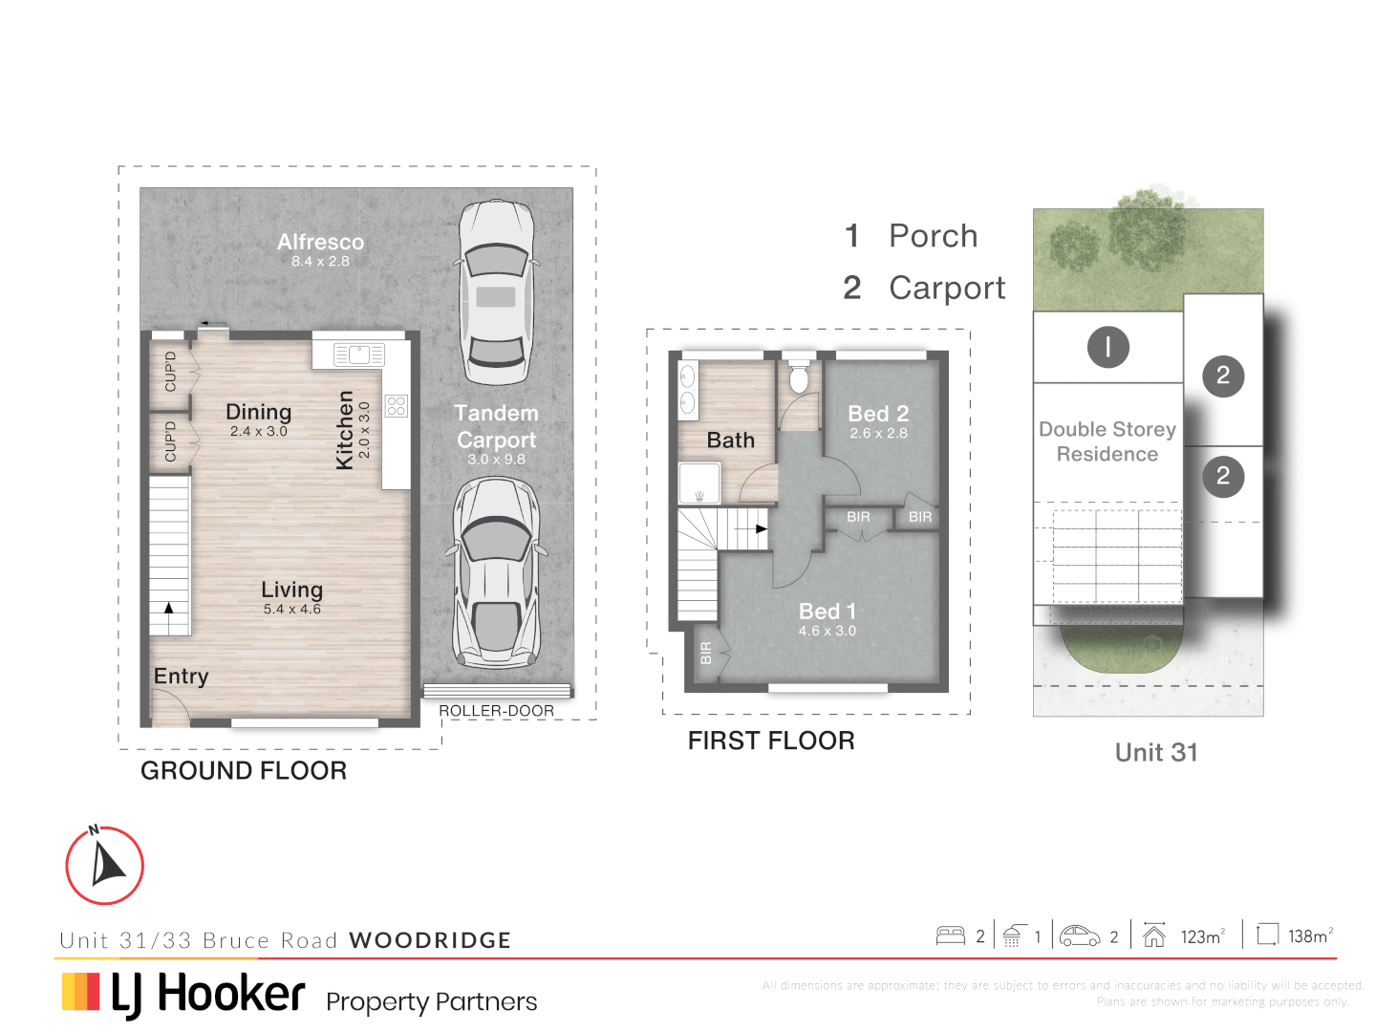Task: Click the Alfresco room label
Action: (x=321, y=243)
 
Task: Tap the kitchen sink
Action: (x=358, y=355)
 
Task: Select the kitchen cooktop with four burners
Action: (x=397, y=405)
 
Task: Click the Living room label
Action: (x=292, y=591)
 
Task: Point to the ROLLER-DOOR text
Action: (x=496, y=711)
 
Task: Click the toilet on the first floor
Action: (x=799, y=379)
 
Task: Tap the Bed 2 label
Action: (x=878, y=414)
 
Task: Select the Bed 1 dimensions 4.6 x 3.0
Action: (x=828, y=631)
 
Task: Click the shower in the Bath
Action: (x=699, y=484)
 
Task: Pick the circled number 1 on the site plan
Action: (x=1107, y=347)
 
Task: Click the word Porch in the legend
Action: (x=934, y=236)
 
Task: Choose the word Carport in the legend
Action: (x=947, y=288)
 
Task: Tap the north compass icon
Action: (x=105, y=866)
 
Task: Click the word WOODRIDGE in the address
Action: (x=430, y=940)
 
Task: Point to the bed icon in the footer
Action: (x=951, y=936)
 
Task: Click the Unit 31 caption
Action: (x=1156, y=753)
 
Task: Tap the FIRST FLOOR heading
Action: (x=771, y=741)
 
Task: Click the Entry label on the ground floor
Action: (x=181, y=677)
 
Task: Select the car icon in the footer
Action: (x=1080, y=936)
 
